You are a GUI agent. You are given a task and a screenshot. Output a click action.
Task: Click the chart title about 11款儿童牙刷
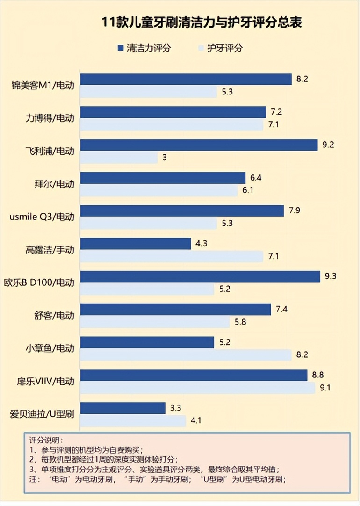[202, 22]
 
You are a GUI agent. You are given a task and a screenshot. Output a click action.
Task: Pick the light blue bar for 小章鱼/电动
[187, 355]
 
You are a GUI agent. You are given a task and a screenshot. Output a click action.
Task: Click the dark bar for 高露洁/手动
[136, 244]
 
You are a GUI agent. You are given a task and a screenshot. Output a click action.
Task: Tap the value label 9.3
[330, 276]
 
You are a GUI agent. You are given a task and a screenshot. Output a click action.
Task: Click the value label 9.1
[325, 388]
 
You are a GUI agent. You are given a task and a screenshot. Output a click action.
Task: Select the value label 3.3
[176, 408]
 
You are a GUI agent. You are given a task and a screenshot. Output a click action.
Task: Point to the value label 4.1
[196, 421]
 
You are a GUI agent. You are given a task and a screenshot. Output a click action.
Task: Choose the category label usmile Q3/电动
[42, 217]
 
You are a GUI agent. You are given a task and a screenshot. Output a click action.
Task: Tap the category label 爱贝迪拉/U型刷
[43, 415]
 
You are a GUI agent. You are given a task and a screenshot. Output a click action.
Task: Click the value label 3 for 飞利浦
[165, 158]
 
